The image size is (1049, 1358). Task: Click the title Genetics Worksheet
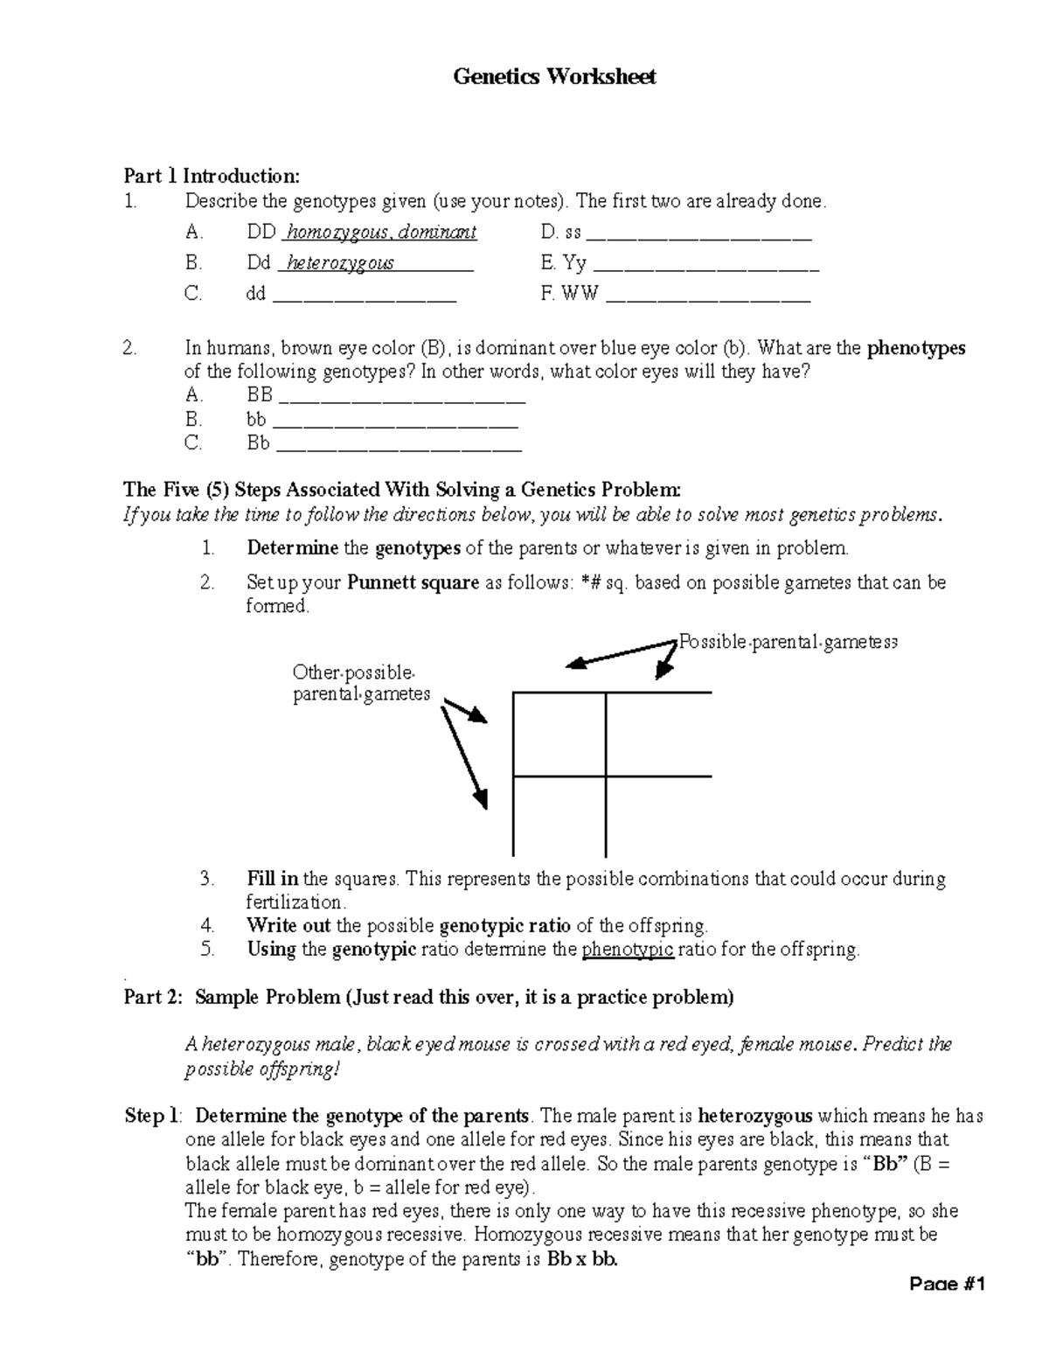click(554, 77)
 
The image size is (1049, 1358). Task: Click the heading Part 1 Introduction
click(212, 176)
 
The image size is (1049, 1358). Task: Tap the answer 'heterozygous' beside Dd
click(340, 263)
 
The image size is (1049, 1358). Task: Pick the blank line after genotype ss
click(699, 236)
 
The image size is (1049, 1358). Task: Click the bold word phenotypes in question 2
click(915, 348)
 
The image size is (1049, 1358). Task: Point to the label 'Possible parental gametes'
click(788, 643)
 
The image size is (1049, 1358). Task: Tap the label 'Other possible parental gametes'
click(361, 683)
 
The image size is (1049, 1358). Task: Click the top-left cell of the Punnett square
click(559, 735)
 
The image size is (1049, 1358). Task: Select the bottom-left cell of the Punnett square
click(559, 815)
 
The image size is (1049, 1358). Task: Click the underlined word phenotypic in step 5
click(627, 950)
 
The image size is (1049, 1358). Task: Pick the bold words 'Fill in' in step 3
click(273, 879)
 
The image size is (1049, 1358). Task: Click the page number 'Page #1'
click(947, 1285)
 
